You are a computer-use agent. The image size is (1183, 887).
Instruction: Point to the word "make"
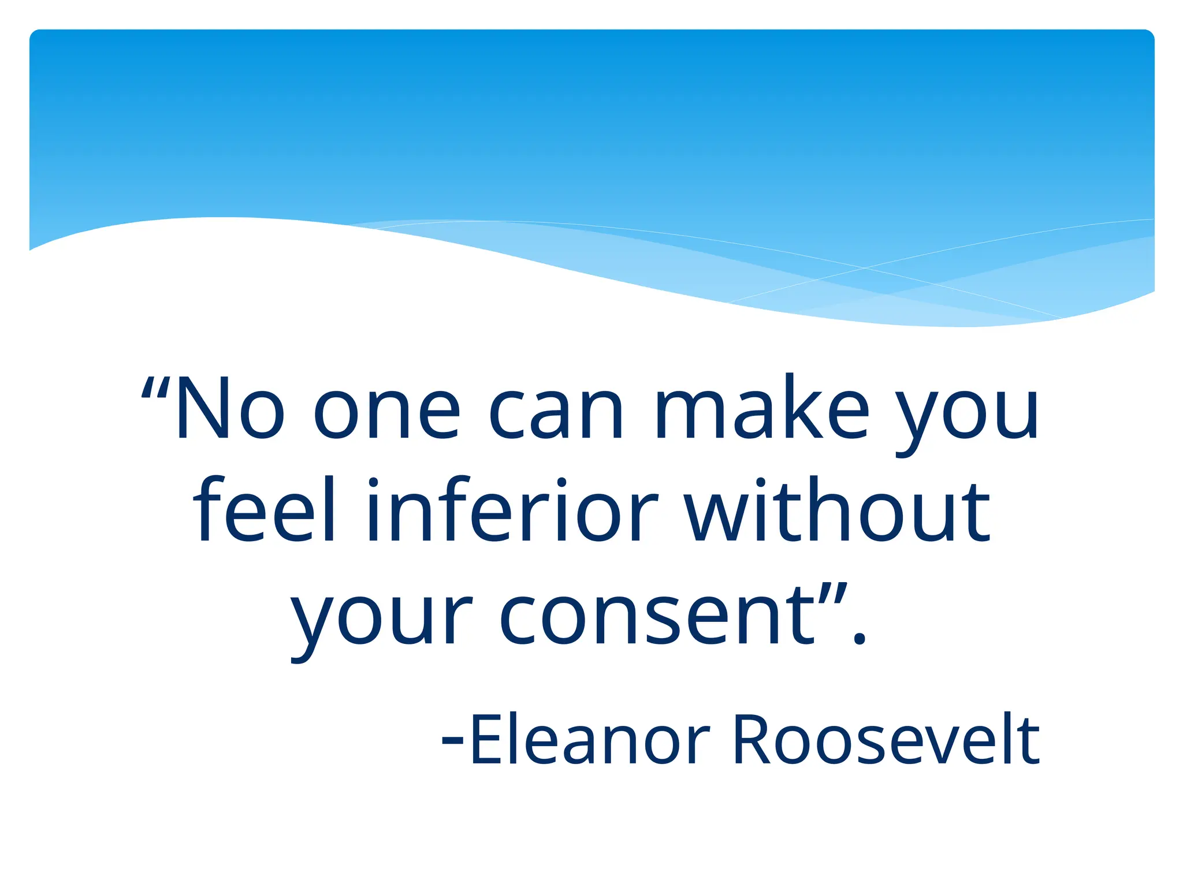(x=761, y=408)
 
